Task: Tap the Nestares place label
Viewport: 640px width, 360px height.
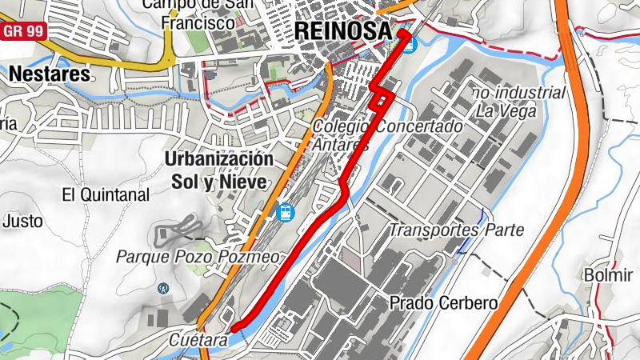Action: point(50,74)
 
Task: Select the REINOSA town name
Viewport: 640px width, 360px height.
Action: point(344,30)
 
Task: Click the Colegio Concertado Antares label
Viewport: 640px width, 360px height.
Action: point(387,135)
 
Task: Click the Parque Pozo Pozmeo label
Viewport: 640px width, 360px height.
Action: point(198,257)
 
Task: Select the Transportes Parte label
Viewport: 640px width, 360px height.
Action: point(456,230)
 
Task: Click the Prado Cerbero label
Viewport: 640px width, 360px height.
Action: point(443,303)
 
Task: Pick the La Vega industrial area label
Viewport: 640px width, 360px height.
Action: point(520,102)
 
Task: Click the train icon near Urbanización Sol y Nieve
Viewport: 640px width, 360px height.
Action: point(285,213)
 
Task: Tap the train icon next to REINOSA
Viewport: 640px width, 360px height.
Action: point(409,45)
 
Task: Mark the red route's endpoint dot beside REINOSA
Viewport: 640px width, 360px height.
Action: point(404,34)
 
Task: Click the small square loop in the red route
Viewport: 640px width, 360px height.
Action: point(383,98)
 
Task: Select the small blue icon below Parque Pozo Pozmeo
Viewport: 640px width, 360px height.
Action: point(164,287)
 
